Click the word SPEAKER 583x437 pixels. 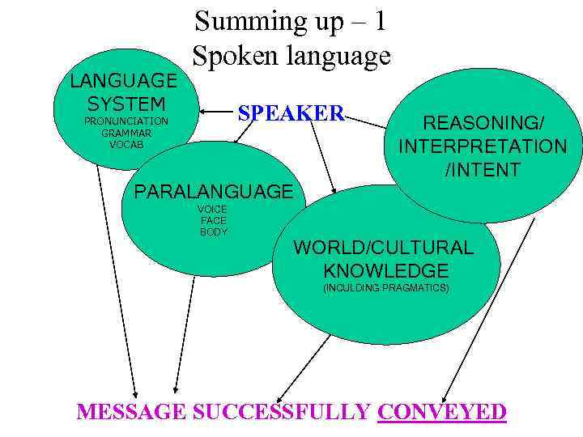tap(291, 113)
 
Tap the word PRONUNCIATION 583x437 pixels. tap(126, 121)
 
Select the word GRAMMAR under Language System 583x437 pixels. tap(126, 133)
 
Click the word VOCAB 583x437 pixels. tap(126, 144)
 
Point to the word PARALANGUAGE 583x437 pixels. tap(214, 192)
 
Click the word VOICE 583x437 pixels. tap(214, 210)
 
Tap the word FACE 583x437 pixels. tap(214, 220)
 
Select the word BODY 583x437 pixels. tap(214, 231)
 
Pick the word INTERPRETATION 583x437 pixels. tap(483, 146)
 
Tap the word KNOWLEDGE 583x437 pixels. tap(385, 270)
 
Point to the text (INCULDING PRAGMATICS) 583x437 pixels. tap(385, 288)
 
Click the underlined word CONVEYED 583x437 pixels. tap(442, 412)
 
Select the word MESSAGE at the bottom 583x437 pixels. tap(130, 412)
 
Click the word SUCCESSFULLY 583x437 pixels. tap(282, 412)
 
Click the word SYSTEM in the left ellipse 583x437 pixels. tap(126, 104)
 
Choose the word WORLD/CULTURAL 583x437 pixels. tap(383, 248)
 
